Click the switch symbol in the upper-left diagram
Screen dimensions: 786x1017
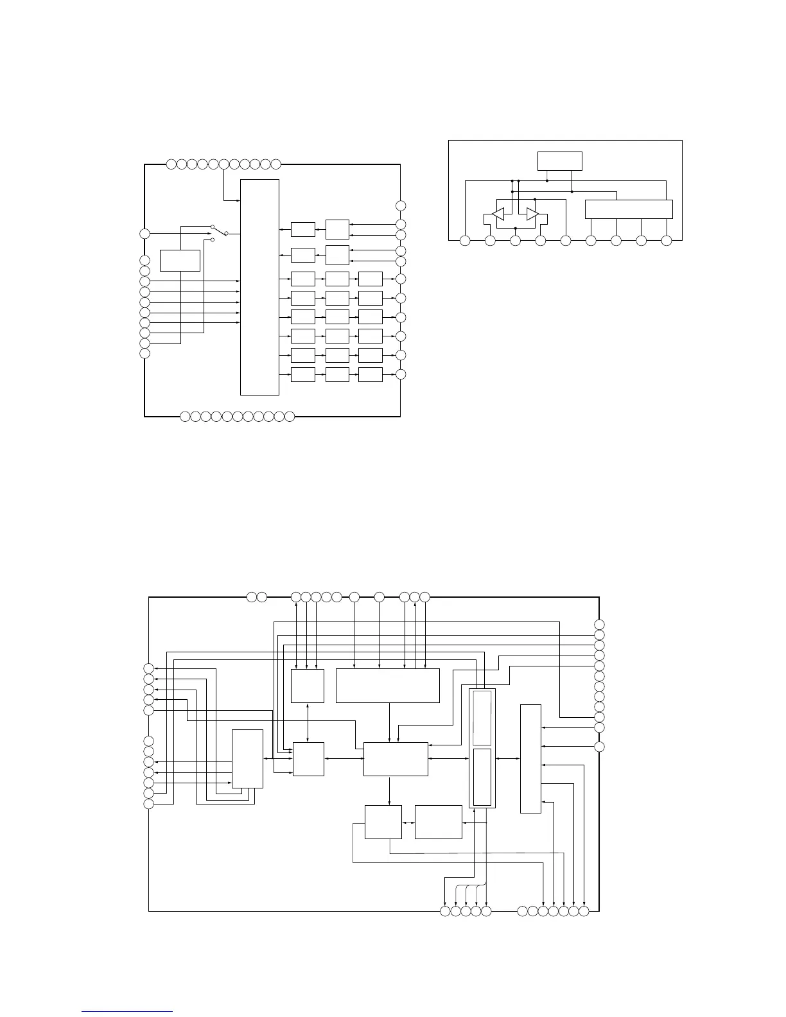point(220,232)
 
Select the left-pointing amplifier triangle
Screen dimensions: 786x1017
point(498,214)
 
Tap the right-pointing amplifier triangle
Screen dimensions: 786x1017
point(532,214)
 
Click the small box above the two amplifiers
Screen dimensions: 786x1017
point(560,161)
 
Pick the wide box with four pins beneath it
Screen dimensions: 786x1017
point(629,209)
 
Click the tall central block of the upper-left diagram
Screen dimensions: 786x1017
point(259,287)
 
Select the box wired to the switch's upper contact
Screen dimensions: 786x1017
point(180,261)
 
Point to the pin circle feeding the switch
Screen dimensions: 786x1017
point(145,233)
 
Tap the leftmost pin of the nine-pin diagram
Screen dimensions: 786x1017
point(465,241)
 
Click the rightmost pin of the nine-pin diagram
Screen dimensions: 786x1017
point(667,241)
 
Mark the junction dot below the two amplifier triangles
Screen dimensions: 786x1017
point(515,229)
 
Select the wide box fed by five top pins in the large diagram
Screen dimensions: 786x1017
point(387,686)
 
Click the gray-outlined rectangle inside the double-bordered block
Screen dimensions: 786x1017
point(482,717)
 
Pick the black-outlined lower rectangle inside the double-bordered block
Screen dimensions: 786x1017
point(482,777)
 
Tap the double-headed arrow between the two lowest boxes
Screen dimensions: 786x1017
point(408,822)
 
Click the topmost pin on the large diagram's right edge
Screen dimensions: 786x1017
point(599,625)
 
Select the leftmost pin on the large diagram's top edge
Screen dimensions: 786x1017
point(252,598)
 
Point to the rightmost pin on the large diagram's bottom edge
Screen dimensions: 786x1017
point(584,911)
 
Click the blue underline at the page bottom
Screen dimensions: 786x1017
point(128,1011)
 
